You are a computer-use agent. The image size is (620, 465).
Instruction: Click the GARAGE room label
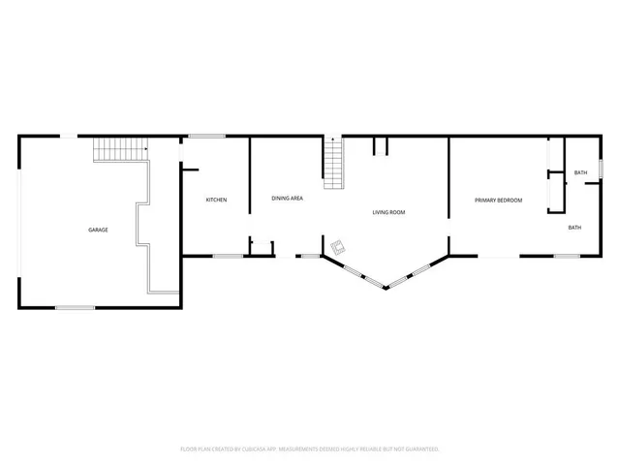point(98,230)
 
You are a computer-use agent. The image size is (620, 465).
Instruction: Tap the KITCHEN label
point(216,201)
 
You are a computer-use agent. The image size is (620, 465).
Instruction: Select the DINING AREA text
point(288,199)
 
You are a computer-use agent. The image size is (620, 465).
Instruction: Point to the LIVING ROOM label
point(388,212)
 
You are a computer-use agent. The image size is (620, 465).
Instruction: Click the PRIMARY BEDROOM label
point(498,201)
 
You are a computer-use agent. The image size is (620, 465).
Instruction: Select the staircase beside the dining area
point(335,165)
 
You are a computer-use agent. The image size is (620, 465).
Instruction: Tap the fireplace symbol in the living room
point(338,247)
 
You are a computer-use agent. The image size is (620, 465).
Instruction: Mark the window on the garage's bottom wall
point(75,308)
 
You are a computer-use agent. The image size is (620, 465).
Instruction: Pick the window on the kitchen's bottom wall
point(228,256)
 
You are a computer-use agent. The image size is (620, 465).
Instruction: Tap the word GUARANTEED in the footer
point(421,449)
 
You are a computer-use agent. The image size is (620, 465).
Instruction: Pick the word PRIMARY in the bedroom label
point(485,201)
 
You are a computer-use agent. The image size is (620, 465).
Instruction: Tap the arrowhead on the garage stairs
point(143,149)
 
